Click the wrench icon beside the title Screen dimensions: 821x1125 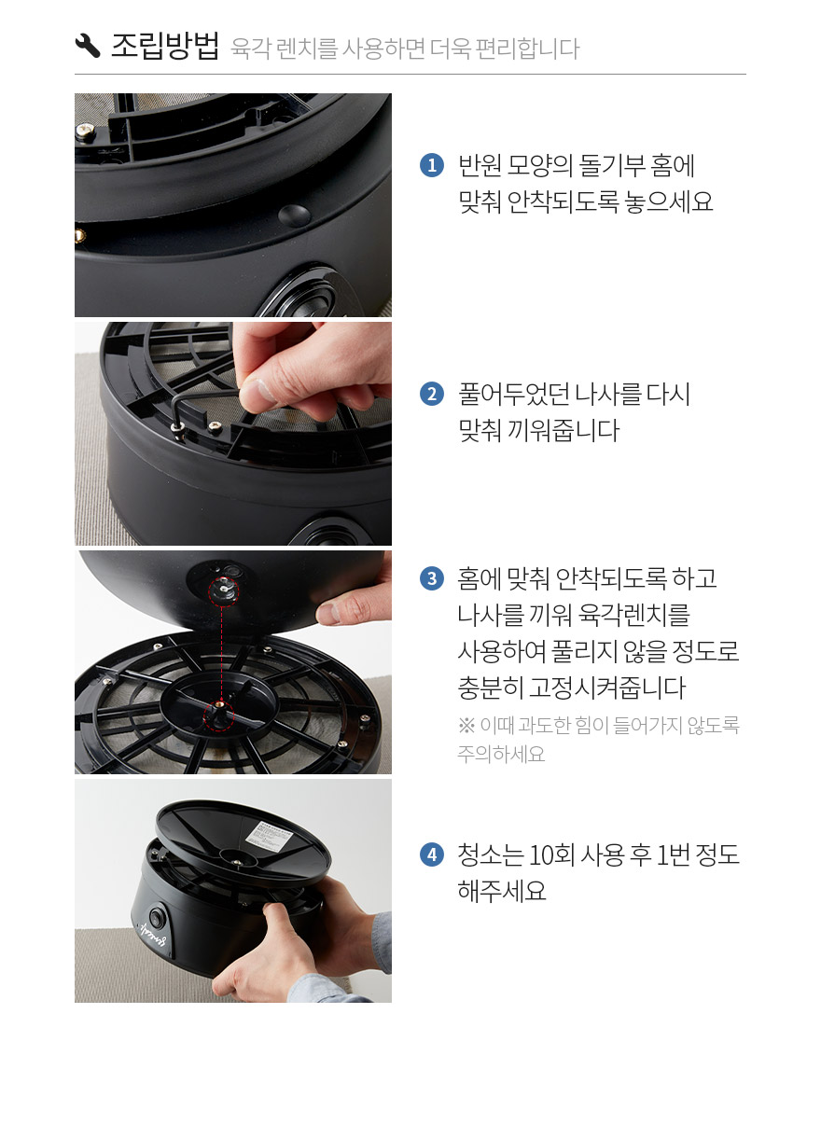tap(88, 46)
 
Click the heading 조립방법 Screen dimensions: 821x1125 tap(165, 47)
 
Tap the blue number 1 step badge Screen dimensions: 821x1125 tap(432, 165)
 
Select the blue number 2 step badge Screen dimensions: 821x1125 tap(432, 394)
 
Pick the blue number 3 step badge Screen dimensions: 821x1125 tap(432, 578)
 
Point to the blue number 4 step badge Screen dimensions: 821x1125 tap(432, 854)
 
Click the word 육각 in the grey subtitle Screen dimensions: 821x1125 tap(251, 49)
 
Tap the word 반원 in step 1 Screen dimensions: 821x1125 tap(480, 166)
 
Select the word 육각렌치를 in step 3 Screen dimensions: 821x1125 tap(633, 615)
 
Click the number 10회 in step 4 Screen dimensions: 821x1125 tap(551, 854)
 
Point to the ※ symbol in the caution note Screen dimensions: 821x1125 tap(466, 726)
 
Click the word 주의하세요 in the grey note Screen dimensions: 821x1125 tap(501, 754)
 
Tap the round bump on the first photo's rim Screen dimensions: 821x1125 tap(295, 215)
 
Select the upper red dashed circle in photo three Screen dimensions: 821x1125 tap(223, 590)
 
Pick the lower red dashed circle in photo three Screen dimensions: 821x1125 tap(219, 715)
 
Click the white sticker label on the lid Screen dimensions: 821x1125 tap(268, 835)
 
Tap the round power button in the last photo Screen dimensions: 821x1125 tap(158, 917)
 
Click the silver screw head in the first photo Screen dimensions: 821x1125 tap(86, 131)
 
